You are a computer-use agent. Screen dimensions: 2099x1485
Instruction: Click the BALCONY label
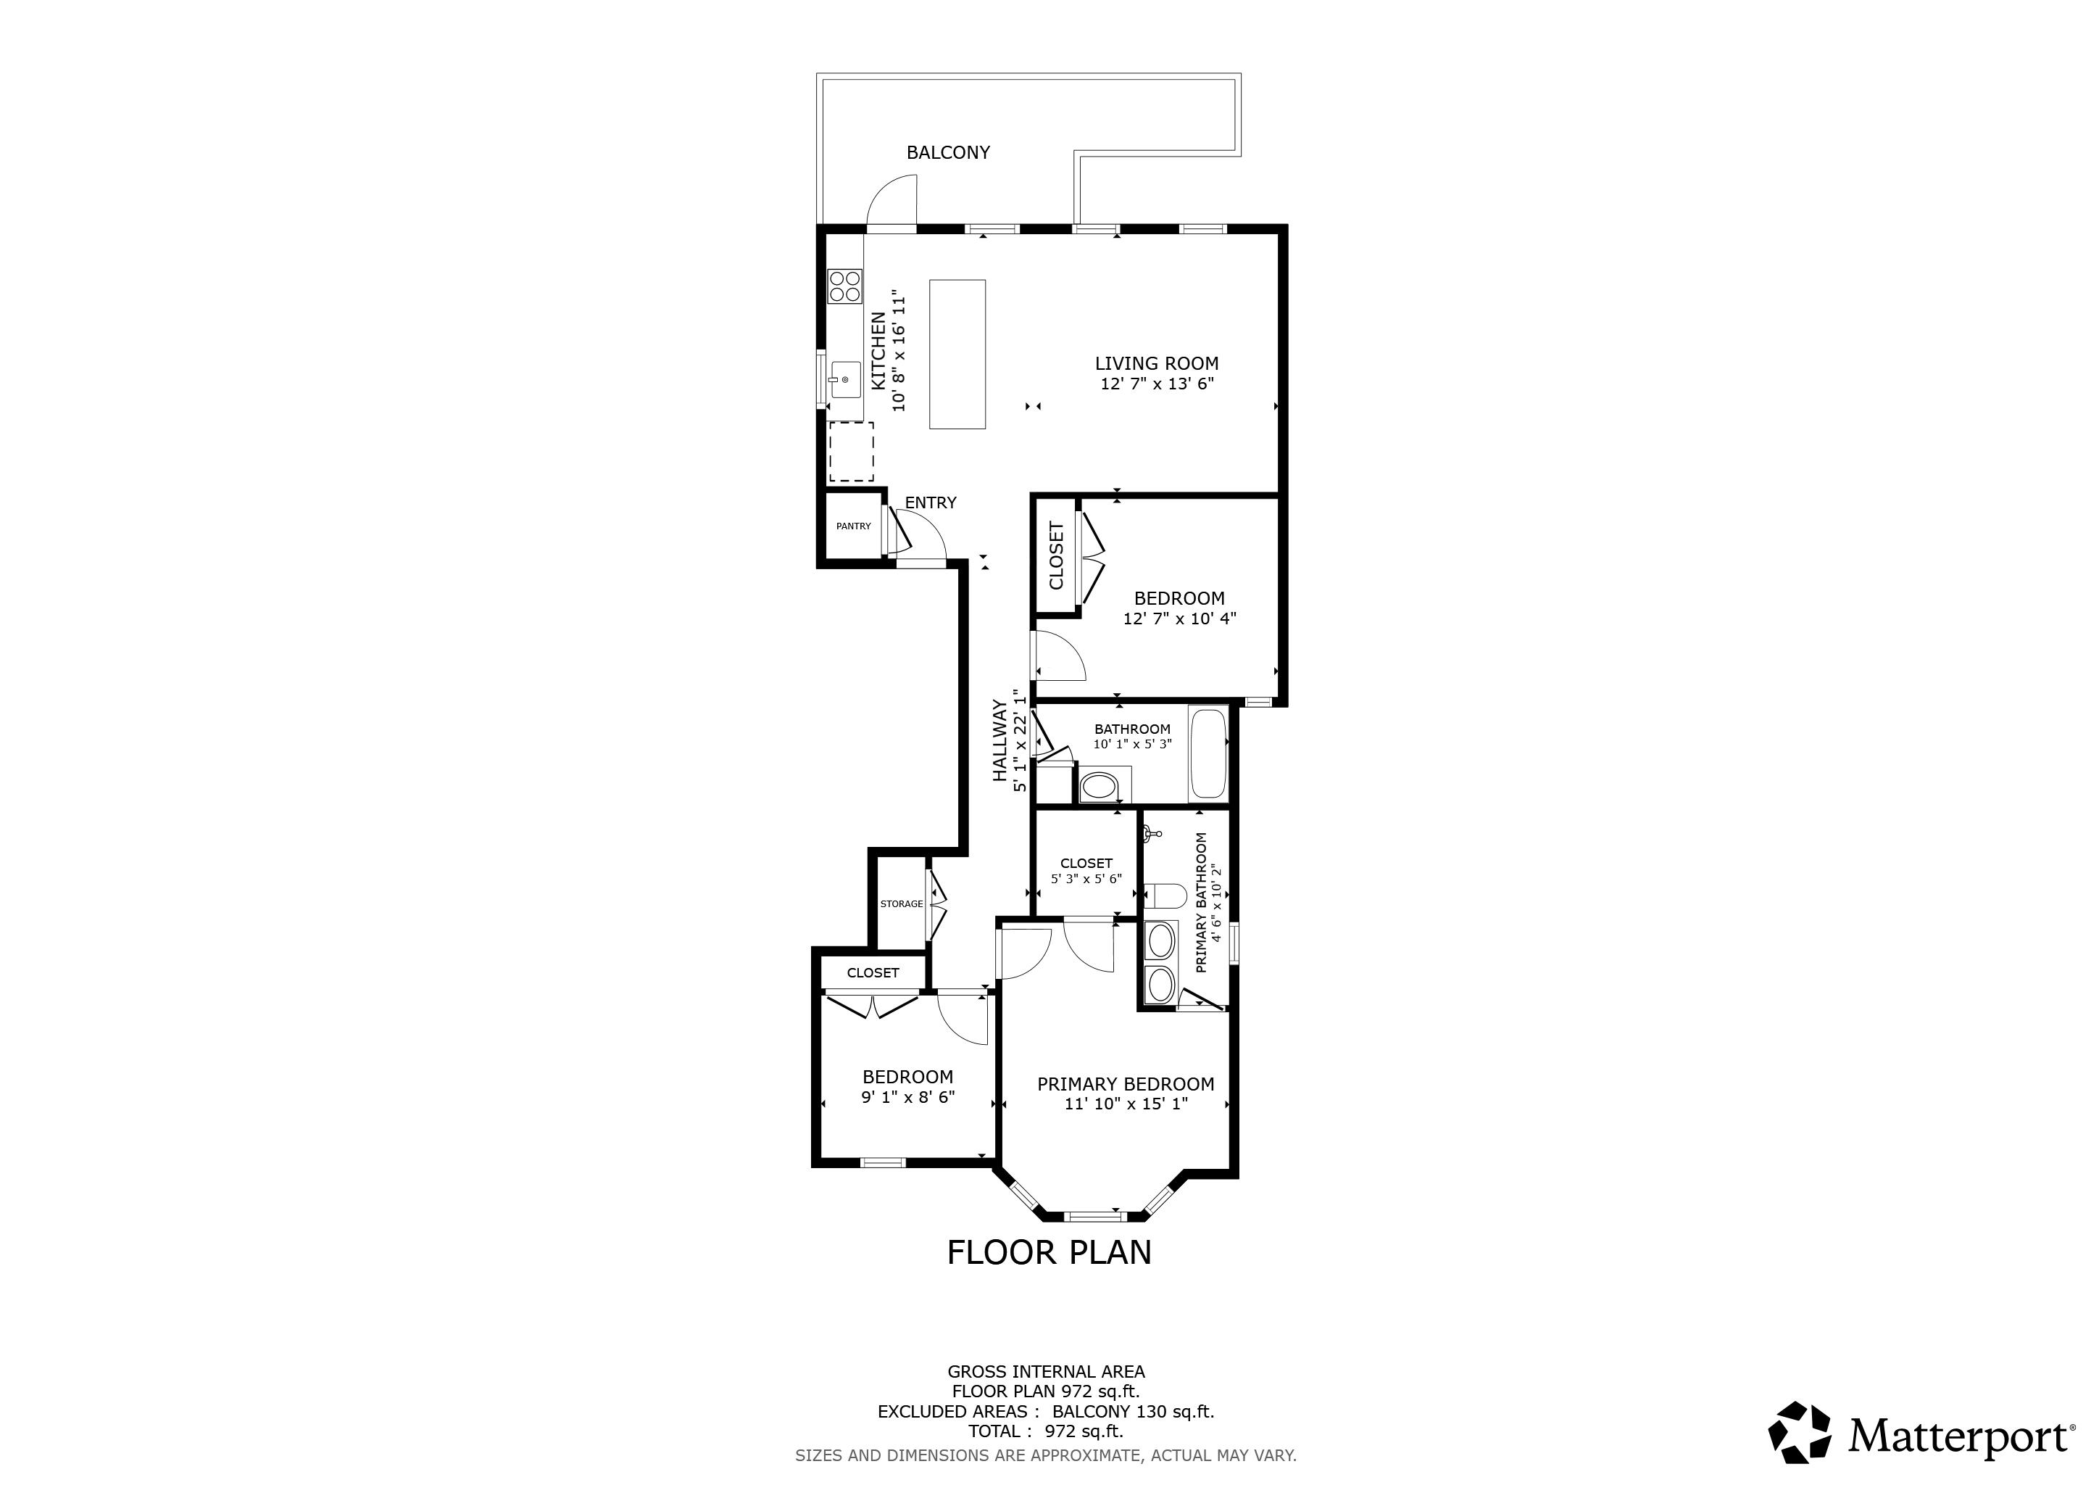pos(948,153)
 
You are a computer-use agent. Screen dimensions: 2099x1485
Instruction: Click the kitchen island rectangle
pos(957,354)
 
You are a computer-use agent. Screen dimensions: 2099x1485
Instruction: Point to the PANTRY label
pos(854,526)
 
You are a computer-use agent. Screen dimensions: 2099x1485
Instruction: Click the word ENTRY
pos(931,503)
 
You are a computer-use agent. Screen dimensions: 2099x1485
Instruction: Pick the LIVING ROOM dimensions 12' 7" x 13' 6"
pos(1157,384)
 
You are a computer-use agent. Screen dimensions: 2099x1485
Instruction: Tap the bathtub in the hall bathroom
pos(1208,753)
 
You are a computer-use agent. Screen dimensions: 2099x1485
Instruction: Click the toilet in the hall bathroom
pos(1098,787)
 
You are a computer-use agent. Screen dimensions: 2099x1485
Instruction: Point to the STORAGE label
pos(902,904)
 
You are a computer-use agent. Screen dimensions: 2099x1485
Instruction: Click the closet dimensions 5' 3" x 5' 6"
pos(1086,879)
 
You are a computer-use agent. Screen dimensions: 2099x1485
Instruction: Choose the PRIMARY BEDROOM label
pos(1126,1085)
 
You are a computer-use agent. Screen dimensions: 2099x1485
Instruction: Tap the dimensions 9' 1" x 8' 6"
pos(907,1097)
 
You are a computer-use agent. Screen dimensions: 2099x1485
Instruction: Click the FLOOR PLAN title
pos(1049,1253)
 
